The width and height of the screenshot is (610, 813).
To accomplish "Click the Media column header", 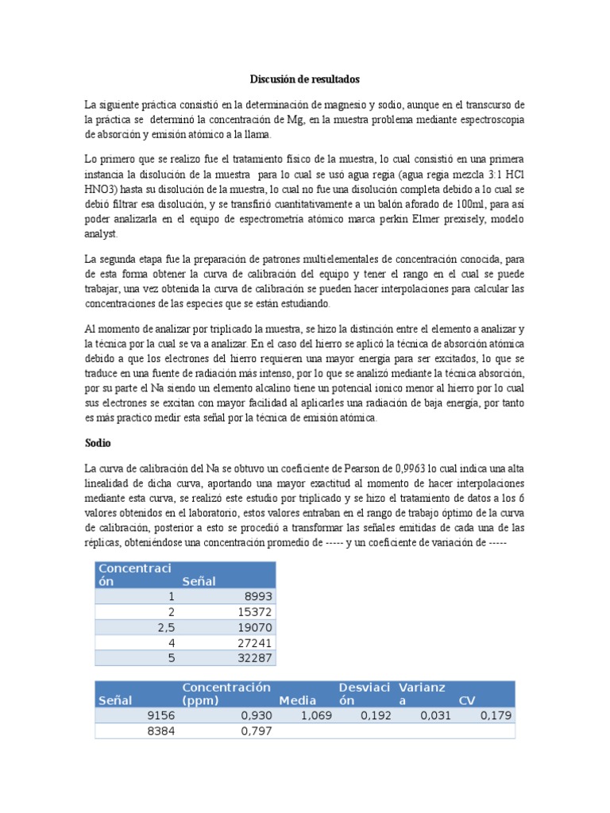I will pyautogui.click(x=298, y=700).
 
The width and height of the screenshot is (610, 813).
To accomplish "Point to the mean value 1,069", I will pyautogui.click(x=316, y=715).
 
